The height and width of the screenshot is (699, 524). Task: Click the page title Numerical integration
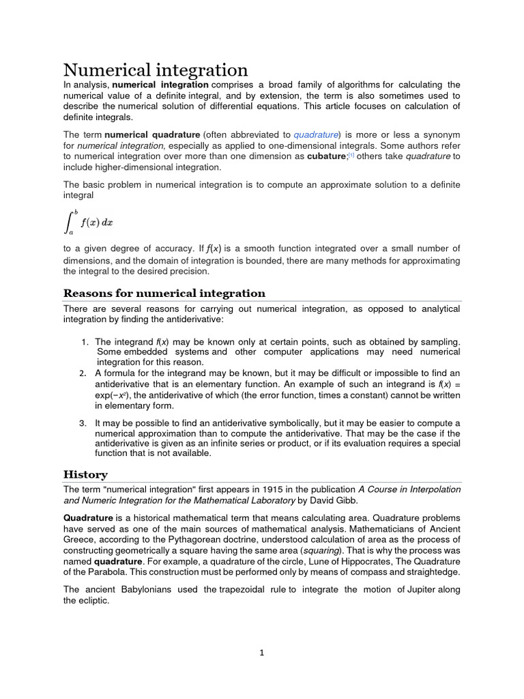coord(156,70)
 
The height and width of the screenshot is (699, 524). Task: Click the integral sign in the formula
coord(70,221)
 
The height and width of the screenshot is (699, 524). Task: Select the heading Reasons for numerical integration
coord(164,294)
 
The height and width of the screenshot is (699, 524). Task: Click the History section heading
coord(85,474)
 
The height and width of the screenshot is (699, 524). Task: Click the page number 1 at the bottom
coord(261,653)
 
